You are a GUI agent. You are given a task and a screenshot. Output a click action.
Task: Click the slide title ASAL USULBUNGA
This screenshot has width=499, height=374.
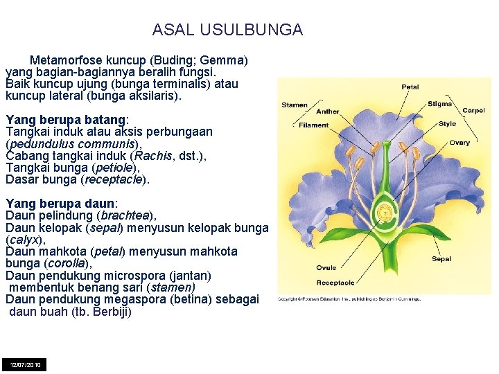click(227, 30)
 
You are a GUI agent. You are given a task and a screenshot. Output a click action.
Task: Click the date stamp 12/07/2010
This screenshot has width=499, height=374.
click(24, 364)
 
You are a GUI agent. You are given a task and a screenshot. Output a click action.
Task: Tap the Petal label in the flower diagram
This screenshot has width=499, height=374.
click(410, 87)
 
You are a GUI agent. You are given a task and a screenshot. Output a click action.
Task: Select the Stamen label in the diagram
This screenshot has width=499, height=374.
click(295, 105)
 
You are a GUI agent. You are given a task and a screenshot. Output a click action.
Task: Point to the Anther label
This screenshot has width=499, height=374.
click(327, 112)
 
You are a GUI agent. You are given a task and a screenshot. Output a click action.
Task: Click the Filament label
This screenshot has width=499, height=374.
click(314, 125)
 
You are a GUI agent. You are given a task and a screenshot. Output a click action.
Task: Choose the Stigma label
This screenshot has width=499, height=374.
click(439, 104)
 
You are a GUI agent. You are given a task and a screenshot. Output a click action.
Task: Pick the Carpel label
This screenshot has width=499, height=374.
click(473, 110)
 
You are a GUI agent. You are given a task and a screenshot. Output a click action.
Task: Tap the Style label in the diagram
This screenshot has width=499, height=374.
click(448, 124)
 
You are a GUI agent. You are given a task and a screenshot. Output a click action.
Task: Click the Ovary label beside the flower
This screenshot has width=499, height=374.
click(459, 143)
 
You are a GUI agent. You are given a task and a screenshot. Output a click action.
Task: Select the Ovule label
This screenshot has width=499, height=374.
click(326, 267)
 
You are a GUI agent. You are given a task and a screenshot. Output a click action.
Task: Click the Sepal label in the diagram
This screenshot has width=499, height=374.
click(441, 259)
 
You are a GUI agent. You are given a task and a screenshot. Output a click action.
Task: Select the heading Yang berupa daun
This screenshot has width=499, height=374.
click(62, 204)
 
